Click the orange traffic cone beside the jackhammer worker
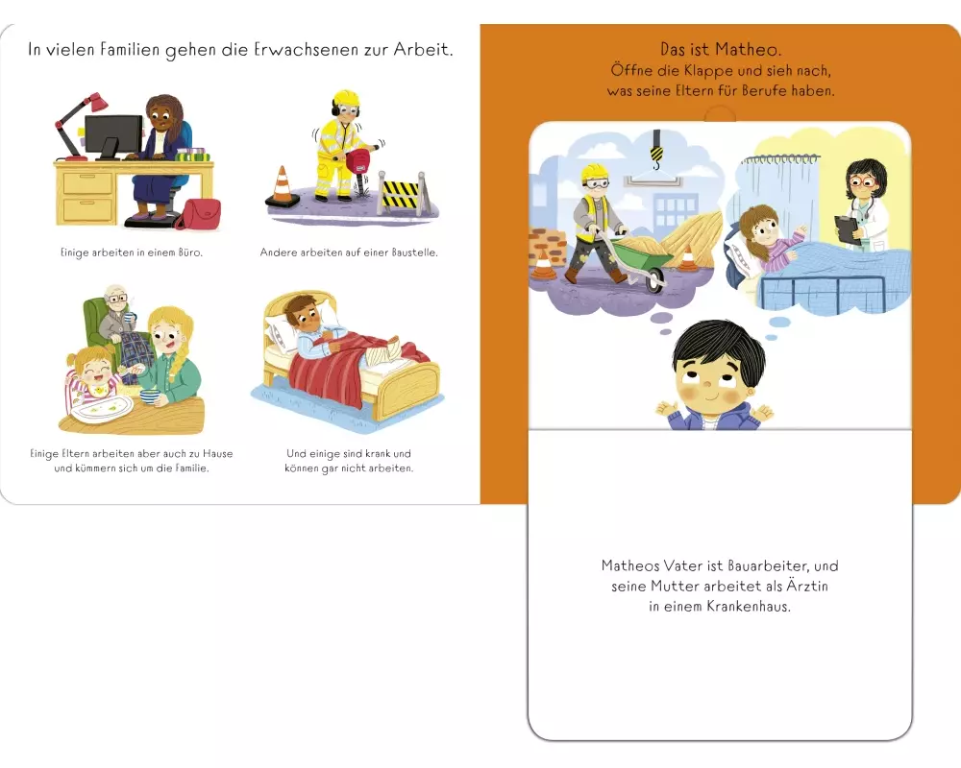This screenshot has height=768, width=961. pyautogui.click(x=282, y=186)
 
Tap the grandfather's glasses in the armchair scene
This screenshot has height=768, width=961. pyautogui.click(x=116, y=300)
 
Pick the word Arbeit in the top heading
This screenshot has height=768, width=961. pyautogui.click(x=422, y=49)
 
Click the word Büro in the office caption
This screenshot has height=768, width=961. pyautogui.click(x=189, y=252)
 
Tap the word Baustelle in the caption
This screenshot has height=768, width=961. pyautogui.click(x=414, y=252)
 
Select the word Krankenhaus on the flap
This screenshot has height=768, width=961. pyautogui.click(x=749, y=607)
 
